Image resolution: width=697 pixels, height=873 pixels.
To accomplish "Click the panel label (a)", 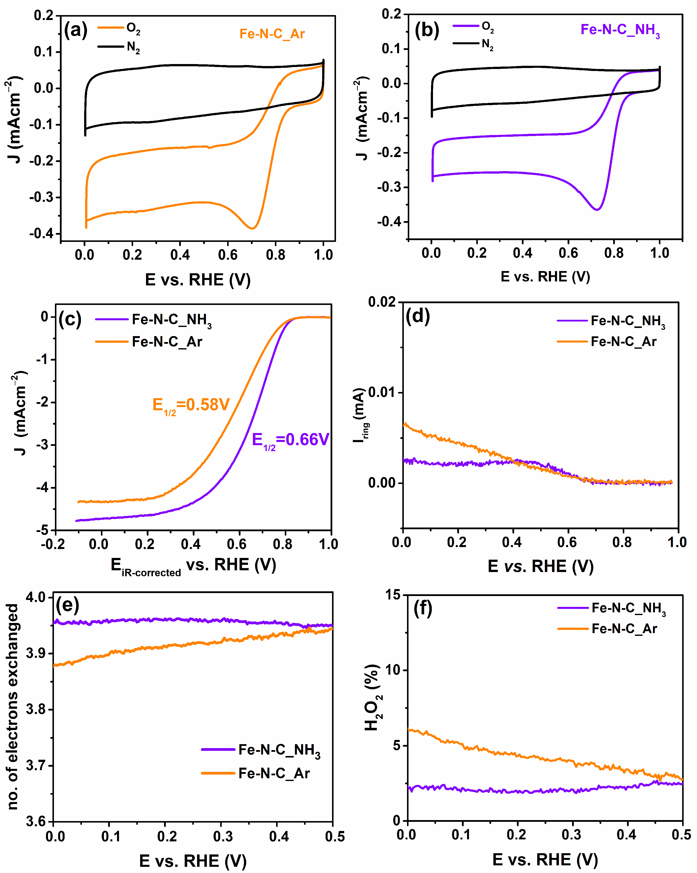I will tap(76, 31).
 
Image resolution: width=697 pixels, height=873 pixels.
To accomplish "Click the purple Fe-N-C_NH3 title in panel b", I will tap(620, 30).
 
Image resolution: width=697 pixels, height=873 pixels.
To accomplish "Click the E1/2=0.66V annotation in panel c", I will tap(290, 440).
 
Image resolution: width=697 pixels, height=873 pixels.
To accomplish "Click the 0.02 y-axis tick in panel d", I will tap(382, 302).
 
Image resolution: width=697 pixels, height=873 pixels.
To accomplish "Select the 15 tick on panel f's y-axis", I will tap(392, 595).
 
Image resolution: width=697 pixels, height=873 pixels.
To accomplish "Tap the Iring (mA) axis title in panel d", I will tap(361, 415).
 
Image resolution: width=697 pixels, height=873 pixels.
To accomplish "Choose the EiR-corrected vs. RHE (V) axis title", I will tap(193, 565).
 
